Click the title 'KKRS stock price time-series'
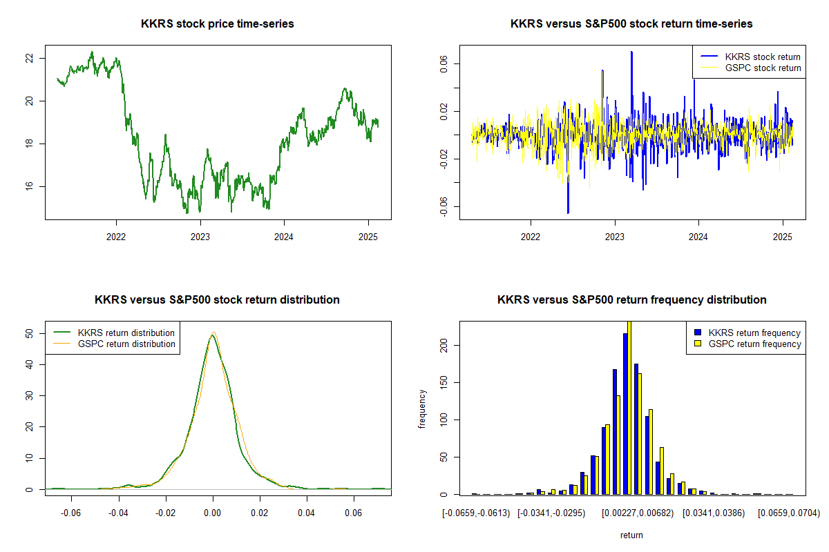(x=217, y=24)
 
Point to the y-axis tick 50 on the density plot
(x=29, y=333)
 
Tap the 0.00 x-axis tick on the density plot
(x=213, y=513)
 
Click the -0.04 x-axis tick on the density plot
(x=118, y=513)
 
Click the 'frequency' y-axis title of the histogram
(x=423, y=409)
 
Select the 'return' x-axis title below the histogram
(x=631, y=535)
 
